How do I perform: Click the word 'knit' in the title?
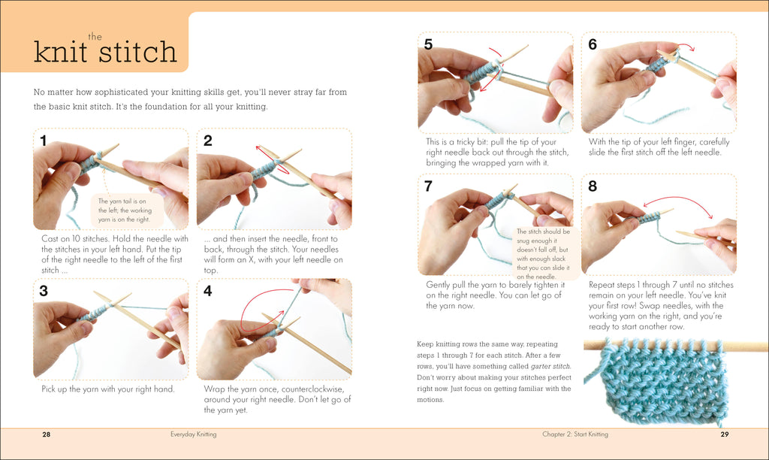point(59,53)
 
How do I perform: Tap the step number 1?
point(44,140)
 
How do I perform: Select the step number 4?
point(208,291)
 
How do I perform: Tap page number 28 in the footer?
point(46,434)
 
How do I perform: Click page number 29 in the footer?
point(725,434)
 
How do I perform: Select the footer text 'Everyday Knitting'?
point(193,434)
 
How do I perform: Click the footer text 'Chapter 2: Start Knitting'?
point(575,434)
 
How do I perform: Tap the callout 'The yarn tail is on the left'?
point(125,210)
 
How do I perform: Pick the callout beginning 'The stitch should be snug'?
point(542,254)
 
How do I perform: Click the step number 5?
point(428,44)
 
